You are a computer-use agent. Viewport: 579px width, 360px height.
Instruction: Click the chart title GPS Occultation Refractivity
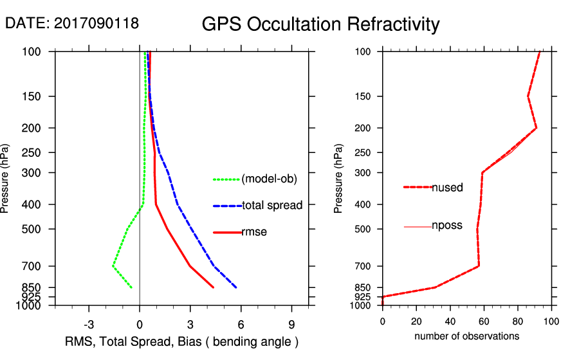[x=320, y=24]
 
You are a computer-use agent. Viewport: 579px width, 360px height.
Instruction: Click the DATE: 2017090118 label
[x=72, y=23]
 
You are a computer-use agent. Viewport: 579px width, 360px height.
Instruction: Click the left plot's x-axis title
[x=182, y=341]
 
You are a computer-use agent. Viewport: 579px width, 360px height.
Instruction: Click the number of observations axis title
[x=466, y=336]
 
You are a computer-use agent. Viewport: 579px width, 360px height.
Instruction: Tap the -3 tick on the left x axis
[x=89, y=323]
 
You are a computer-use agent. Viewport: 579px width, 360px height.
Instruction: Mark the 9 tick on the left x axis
[x=291, y=323]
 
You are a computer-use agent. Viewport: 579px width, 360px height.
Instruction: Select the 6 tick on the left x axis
[x=241, y=323]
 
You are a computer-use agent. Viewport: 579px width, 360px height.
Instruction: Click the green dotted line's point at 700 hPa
[x=113, y=266]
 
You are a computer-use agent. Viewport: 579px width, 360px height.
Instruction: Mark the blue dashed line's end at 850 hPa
[x=237, y=287]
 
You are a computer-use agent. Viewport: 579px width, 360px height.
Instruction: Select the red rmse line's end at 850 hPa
[x=214, y=287]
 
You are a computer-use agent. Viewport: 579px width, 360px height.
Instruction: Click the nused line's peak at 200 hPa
[x=536, y=128]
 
